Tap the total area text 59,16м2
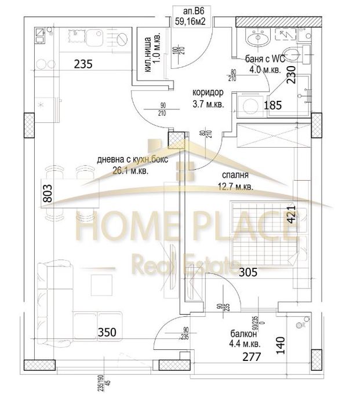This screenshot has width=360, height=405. tap(194, 21)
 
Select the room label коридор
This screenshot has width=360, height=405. tap(208, 93)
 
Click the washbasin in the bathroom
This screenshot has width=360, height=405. tap(255, 39)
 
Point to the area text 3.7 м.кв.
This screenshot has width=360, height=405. tap(208, 104)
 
